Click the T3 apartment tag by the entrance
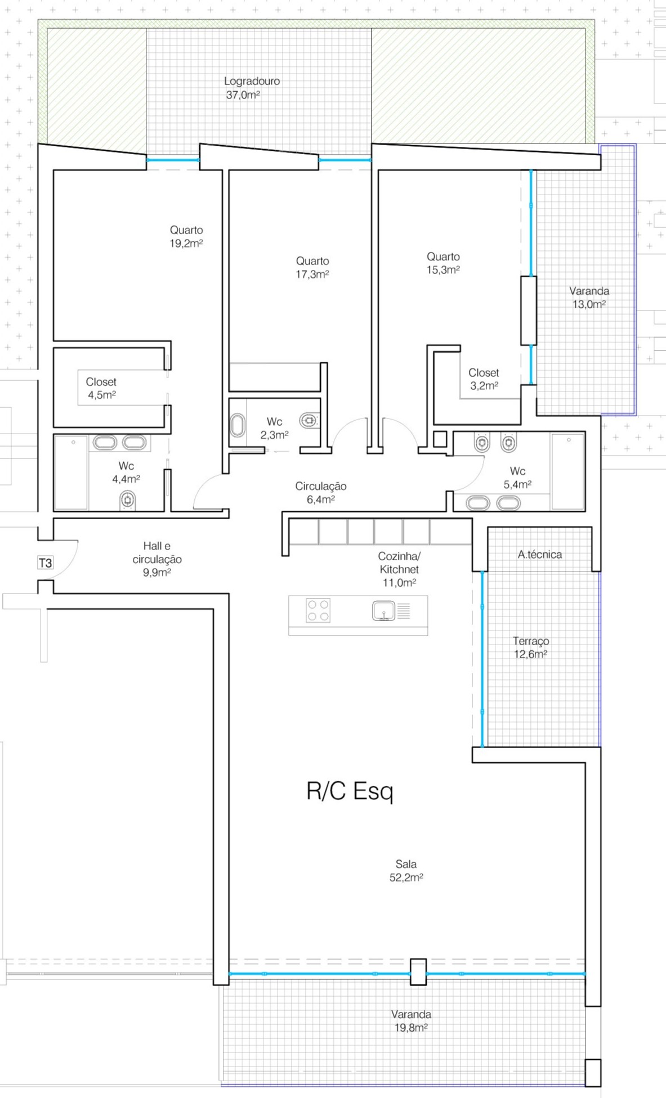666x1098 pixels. pos(45,562)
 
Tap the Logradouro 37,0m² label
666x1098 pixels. pos(252,88)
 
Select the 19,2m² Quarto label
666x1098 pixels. pos(186,237)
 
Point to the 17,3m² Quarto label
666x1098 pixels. pos(312,268)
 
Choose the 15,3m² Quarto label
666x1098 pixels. pos(443,263)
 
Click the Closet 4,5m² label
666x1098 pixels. pos(101,388)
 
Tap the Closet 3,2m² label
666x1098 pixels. pos(484,379)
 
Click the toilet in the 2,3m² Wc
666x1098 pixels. pos(309,420)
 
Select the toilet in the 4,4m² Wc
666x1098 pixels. pos(128,499)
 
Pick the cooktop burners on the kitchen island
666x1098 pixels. pos(318,610)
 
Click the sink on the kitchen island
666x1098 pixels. pos(384,610)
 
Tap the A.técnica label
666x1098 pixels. pos(540,555)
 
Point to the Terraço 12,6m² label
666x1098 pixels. pos(530,647)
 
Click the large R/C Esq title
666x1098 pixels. pos(350,791)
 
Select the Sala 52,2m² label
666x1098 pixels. pos(406,870)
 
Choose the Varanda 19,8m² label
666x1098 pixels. pos(411,1021)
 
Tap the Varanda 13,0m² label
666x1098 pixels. pos(589,298)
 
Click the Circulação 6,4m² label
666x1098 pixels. pos(321,493)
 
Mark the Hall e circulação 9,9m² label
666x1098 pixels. pos(157,559)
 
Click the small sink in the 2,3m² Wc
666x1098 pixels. pos(238,426)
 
